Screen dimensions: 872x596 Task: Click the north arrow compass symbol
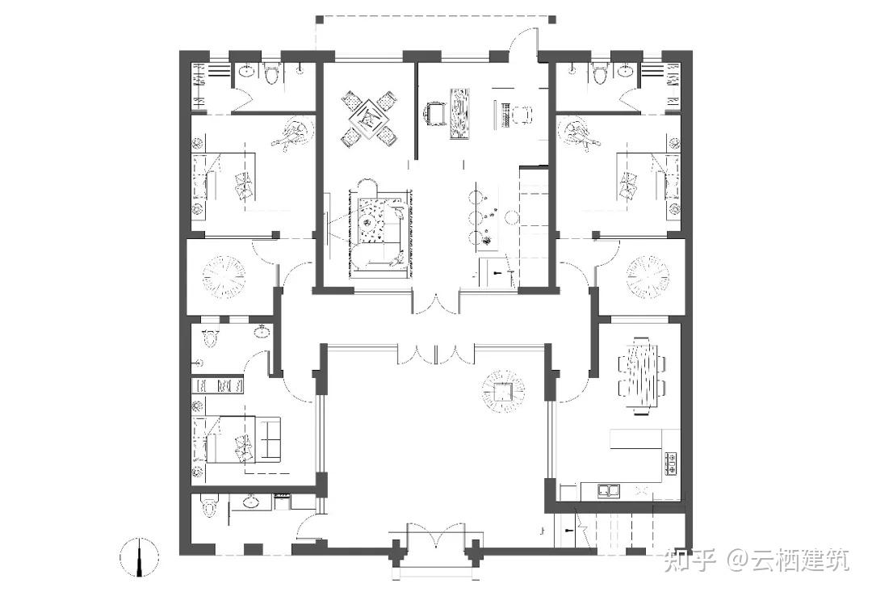pos(139,557)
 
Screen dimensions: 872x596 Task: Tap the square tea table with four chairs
pos(369,119)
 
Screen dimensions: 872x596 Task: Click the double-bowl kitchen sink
pos(610,490)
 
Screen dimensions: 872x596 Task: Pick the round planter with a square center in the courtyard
pos(503,391)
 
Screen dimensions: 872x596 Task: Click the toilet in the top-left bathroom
pos(272,74)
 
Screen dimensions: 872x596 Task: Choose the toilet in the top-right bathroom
pos(599,74)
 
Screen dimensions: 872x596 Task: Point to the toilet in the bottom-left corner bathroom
pos(209,506)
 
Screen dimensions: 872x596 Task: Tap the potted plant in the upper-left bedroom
pos(292,133)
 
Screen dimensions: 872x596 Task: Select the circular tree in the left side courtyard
pos(224,277)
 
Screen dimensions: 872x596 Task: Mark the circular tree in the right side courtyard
pos(648,277)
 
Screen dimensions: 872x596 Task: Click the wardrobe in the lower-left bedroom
pos(217,385)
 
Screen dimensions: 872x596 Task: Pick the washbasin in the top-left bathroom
pos(246,71)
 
